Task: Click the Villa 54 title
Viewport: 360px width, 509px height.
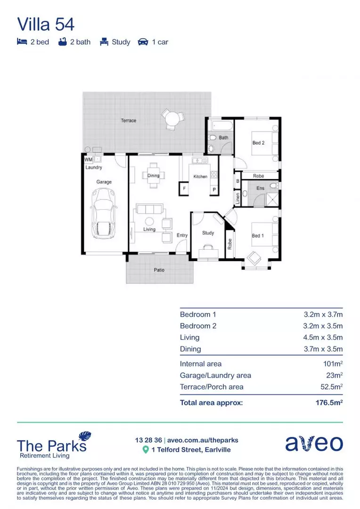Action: (x=46, y=24)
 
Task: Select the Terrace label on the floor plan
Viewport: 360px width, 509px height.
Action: (x=128, y=121)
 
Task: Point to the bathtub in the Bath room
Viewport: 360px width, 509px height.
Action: (x=221, y=126)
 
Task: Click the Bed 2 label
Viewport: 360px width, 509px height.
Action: (x=258, y=143)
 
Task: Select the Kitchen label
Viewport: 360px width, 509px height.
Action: (x=200, y=177)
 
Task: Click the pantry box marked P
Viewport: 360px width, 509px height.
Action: (x=213, y=189)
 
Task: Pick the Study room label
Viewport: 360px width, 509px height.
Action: (x=208, y=233)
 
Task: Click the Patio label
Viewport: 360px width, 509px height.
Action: (x=159, y=270)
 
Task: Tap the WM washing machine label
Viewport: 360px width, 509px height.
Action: (x=88, y=160)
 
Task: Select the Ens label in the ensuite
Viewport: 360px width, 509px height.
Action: (x=260, y=188)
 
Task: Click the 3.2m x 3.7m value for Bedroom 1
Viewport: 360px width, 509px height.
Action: (x=323, y=314)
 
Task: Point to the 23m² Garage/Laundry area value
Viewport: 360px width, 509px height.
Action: (x=334, y=376)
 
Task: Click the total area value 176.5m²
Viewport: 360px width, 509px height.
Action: (x=328, y=403)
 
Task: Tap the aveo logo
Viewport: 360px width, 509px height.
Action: (x=314, y=443)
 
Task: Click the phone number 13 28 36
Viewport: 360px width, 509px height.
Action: (x=147, y=440)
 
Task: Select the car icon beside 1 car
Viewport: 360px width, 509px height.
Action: (x=143, y=42)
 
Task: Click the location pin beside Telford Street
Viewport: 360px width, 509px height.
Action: (x=146, y=450)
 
